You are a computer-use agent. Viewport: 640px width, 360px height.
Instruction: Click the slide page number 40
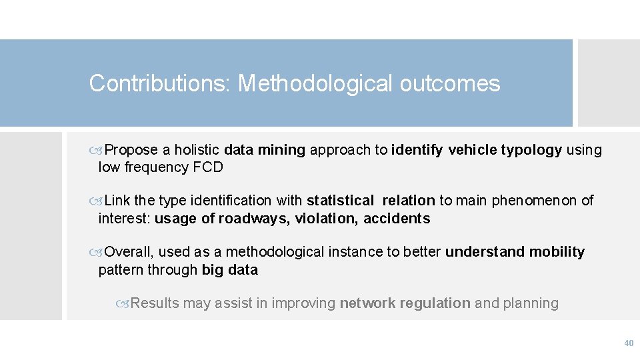click(628, 343)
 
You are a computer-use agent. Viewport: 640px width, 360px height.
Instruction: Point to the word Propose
click(131, 150)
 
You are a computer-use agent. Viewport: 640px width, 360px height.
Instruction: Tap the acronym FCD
click(208, 167)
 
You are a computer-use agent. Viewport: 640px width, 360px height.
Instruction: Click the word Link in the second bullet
click(118, 201)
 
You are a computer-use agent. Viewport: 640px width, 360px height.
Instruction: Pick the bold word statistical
click(340, 201)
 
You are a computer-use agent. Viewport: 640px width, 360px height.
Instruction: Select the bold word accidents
click(397, 219)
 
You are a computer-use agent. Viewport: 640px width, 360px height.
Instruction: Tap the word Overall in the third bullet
click(130, 252)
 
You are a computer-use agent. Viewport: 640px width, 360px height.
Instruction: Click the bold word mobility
click(557, 252)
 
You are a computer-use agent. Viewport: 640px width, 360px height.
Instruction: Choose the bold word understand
click(485, 252)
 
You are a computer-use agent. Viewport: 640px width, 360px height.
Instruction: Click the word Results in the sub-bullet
click(155, 303)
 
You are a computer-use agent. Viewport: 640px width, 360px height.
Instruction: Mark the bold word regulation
click(437, 303)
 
